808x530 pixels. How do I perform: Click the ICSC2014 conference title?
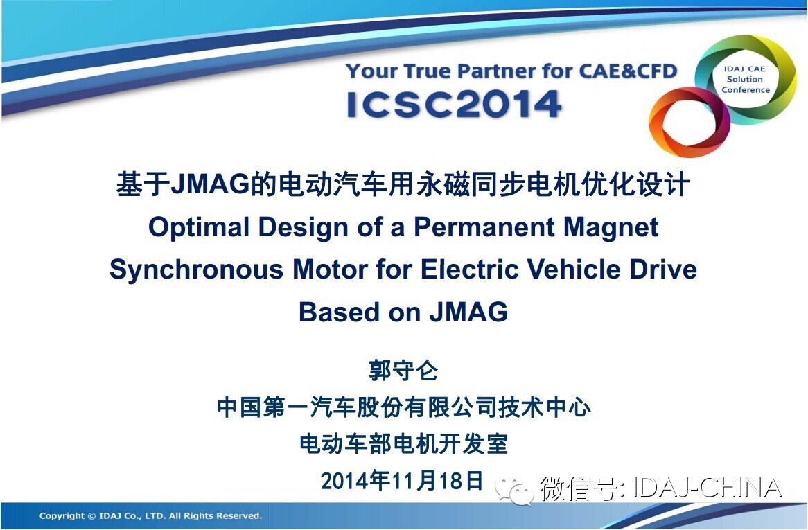[454, 105]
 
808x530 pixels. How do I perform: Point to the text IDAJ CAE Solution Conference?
[745, 79]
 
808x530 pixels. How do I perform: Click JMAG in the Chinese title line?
[210, 184]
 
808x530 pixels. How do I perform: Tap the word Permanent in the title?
[484, 227]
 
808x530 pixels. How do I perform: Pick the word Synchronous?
[196, 270]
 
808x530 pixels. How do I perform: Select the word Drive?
[664, 269]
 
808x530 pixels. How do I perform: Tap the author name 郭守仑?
[403, 371]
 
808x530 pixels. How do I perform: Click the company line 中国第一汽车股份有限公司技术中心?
[403, 407]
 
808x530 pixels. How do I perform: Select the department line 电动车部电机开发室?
[403, 443]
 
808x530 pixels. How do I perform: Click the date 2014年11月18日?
[402, 480]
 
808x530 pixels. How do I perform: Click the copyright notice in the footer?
[150, 515]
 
